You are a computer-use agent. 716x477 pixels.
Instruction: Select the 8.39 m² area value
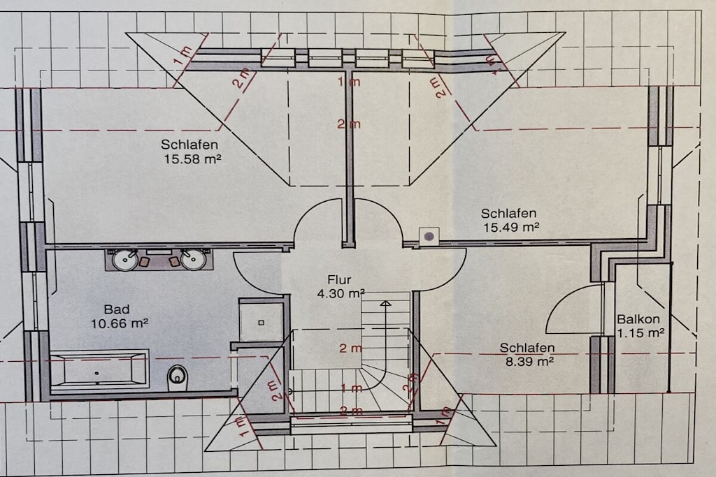[530, 362]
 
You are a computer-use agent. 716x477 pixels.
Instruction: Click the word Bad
[117, 309]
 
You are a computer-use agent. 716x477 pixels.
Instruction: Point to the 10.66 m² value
[120, 323]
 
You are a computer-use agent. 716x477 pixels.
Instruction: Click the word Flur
[339, 279]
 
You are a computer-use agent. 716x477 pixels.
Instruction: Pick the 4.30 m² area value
[341, 294]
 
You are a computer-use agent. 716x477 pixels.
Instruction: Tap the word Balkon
[638, 318]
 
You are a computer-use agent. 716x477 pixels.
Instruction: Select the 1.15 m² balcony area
[640, 333]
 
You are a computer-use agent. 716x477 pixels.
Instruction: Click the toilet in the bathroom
[178, 378]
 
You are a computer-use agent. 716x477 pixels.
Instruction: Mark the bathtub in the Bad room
[99, 369]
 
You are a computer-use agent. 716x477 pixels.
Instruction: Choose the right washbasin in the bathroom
[194, 259]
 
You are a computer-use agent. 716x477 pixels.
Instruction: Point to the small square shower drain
[262, 323]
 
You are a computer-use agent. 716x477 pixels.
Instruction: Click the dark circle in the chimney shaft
[429, 236]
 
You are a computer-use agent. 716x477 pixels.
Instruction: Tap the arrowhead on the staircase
[385, 303]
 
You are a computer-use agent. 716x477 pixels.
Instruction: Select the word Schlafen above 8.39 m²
[527, 348]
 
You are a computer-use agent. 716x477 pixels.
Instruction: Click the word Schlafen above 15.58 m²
[189, 145]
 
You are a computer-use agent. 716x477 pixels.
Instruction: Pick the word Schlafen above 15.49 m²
[509, 213]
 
